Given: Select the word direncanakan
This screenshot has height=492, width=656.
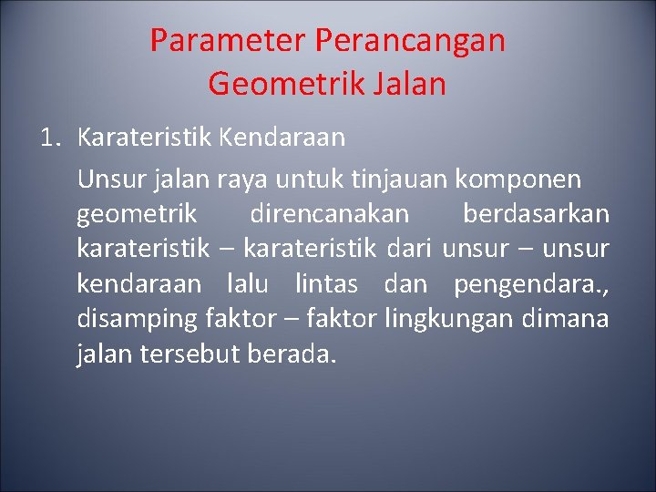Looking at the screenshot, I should coord(329,214).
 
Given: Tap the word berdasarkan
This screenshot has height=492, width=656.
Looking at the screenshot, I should coord(536,214).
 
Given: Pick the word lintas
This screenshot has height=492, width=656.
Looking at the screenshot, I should coord(326,284).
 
